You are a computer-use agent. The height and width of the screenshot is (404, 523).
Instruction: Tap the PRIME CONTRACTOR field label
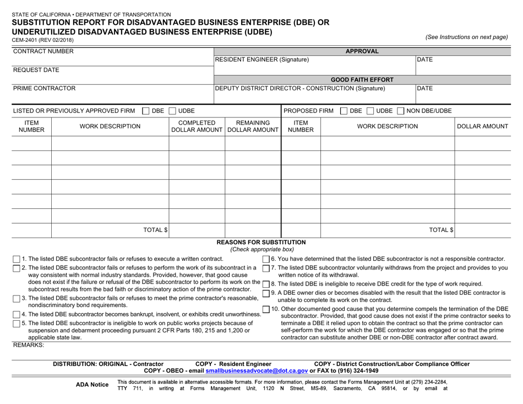pyautogui.click(x=44, y=88)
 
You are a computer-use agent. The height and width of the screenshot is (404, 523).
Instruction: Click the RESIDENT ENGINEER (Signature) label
pyautogui.click(x=262, y=60)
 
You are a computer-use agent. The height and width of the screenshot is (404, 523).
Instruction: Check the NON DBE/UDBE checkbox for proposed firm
pyautogui.click(x=401, y=111)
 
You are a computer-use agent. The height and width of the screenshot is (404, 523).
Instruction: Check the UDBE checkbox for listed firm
pyautogui.click(x=172, y=111)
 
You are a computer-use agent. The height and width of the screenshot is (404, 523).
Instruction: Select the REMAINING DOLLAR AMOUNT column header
pyautogui.click(x=253, y=126)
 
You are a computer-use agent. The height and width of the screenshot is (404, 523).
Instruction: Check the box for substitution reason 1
pyautogui.click(x=16, y=259)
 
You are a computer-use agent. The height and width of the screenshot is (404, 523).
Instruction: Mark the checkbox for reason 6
pyautogui.click(x=266, y=259)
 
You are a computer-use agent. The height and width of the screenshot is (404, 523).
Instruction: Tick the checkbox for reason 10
pyautogui.click(x=266, y=309)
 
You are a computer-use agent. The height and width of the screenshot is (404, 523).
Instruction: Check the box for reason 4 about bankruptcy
pyautogui.click(x=16, y=314)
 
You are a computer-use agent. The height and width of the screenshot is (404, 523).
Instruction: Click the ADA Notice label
pyautogui.click(x=92, y=384)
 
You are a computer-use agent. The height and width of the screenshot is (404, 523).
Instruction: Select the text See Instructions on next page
pyautogui.click(x=466, y=37)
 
